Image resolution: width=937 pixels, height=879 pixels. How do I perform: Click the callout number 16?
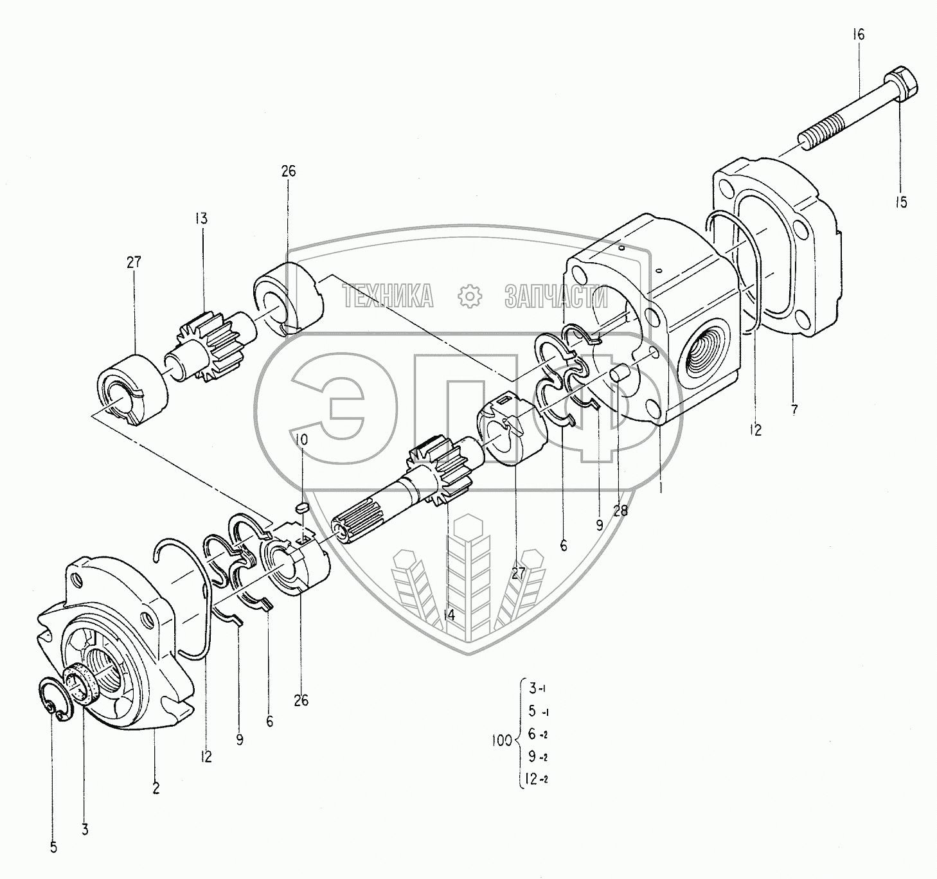(859, 35)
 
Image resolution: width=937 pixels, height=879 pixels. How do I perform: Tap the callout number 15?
(901, 202)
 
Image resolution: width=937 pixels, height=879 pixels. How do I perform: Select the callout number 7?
(794, 409)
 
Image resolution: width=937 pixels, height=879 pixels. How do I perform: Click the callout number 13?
(202, 218)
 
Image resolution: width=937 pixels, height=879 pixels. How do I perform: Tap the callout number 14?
(449, 615)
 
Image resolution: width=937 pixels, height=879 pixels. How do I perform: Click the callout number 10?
(301, 440)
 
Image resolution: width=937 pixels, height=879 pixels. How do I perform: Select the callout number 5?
(53, 848)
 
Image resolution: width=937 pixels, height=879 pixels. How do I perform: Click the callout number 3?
(85, 830)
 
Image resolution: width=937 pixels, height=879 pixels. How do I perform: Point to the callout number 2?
(156, 788)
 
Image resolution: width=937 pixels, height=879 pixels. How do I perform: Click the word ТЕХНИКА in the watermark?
(388, 297)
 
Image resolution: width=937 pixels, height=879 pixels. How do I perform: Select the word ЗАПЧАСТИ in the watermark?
(556, 297)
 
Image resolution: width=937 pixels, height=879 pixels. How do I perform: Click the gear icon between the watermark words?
(470, 296)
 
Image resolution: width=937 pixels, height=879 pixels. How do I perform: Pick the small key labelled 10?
(303, 508)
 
